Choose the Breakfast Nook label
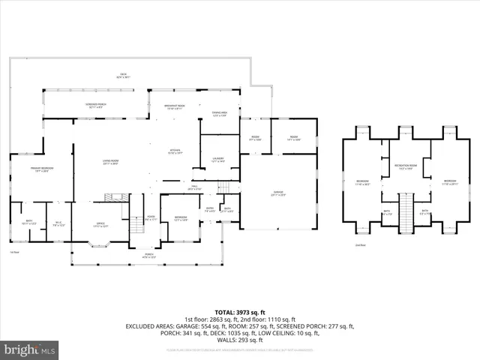[x=174, y=107]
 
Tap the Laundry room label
[x=219, y=160]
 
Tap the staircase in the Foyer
[x=136, y=223]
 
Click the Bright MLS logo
[x=30, y=349]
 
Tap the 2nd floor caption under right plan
[x=361, y=244]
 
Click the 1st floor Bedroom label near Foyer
[x=181, y=218]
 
